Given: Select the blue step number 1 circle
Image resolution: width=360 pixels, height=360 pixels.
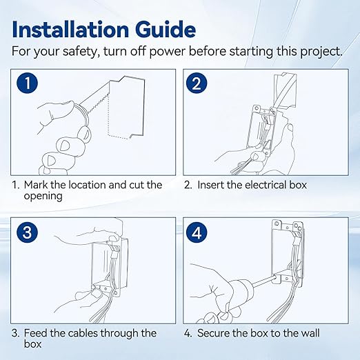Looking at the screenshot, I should point(26,84).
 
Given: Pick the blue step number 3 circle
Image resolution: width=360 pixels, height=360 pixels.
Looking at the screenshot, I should point(26,232).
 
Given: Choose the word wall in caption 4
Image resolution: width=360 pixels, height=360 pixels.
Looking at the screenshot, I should point(308,333).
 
